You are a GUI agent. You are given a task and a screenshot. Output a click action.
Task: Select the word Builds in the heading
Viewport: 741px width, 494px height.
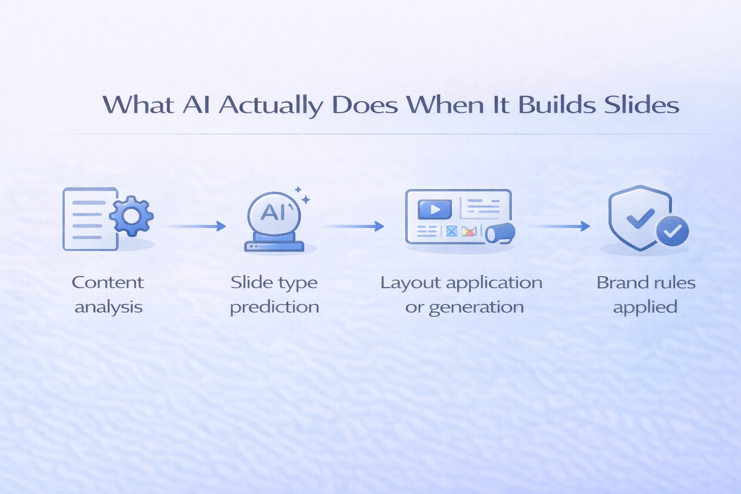click(557, 105)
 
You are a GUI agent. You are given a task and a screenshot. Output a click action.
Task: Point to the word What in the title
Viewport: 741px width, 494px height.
click(138, 105)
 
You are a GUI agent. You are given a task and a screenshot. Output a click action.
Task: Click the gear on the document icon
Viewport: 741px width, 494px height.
click(131, 216)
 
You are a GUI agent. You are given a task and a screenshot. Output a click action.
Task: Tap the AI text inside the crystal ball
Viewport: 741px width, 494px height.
click(274, 212)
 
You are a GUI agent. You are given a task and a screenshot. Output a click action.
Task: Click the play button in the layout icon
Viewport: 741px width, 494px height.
click(435, 209)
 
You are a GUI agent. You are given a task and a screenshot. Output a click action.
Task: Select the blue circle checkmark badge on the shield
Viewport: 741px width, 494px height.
click(672, 231)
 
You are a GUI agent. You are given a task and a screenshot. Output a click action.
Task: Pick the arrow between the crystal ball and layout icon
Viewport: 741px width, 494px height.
click(355, 226)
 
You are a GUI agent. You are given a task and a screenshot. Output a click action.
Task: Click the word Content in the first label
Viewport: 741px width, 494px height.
click(108, 282)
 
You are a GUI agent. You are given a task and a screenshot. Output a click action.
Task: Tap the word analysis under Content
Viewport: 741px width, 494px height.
click(109, 307)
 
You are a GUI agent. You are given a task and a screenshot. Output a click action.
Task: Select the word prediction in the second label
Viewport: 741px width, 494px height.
click(274, 307)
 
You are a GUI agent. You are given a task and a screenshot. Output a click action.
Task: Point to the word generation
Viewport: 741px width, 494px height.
click(476, 307)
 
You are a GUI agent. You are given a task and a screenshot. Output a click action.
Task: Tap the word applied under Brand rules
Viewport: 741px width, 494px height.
click(645, 307)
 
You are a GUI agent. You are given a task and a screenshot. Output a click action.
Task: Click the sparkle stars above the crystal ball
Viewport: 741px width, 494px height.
click(302, 195)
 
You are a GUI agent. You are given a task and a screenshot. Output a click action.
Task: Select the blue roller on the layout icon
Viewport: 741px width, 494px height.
click(500, 233)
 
